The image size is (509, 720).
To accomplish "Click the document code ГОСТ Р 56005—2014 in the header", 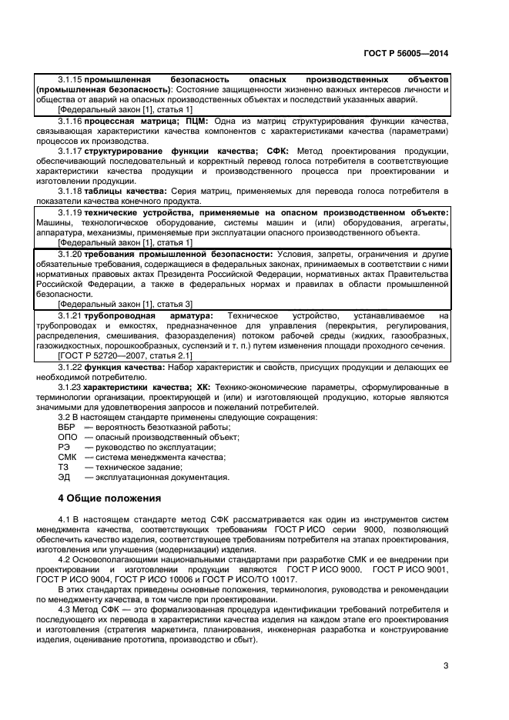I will click(x=406, y=53).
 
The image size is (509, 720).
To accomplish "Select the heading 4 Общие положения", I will click(x=109, y=497).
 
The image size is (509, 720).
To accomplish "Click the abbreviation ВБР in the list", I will click(x=67, y=427).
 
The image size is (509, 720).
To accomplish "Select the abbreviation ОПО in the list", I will click(x=68, y=437).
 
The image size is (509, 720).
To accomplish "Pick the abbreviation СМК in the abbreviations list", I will click(x=68, y=457).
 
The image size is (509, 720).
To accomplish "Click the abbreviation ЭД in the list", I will click(x=65, y=477).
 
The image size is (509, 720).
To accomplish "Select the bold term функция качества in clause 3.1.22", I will click(x=123, y=367).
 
